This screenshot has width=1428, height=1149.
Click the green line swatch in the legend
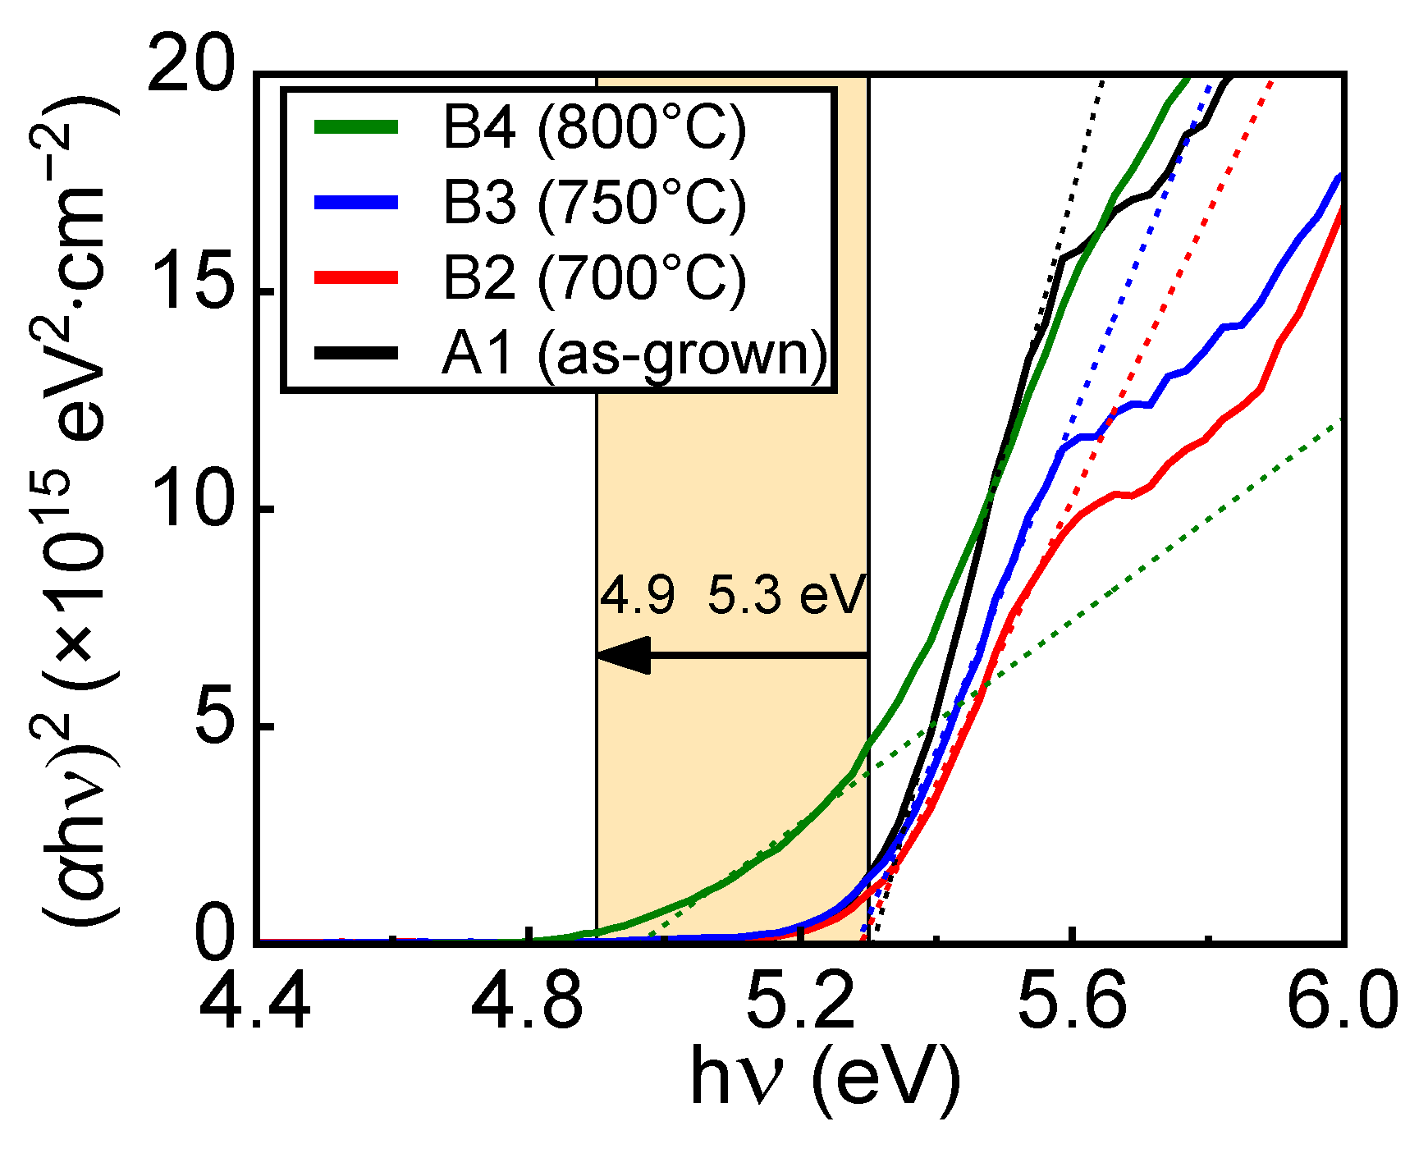click(356, 126)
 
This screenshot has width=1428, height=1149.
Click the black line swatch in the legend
click(356, 353)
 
